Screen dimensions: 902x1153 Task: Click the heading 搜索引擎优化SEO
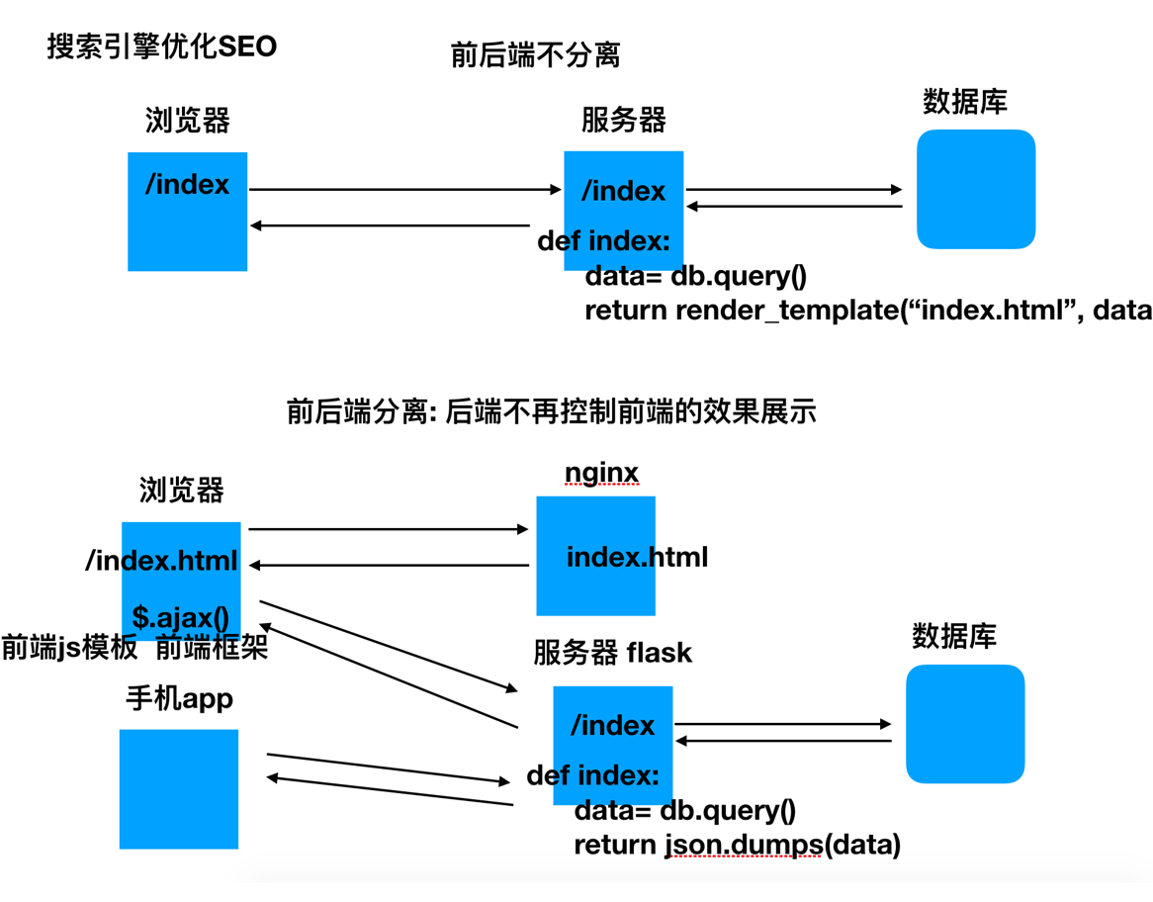click(162, 46)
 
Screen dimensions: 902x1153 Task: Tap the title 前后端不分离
click(535, 55)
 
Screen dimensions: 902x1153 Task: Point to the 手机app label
click(179, 698)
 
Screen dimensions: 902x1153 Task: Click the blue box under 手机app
click(179, 788)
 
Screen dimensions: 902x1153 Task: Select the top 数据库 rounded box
click(975, 189)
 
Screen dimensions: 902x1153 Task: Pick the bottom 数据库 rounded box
click(964, 724)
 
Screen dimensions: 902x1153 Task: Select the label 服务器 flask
click(612, 653)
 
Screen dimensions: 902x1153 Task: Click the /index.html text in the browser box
click(161, 561)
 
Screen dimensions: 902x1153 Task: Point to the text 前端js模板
click(69, 647)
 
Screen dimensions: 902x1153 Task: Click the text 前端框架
click(212, 647)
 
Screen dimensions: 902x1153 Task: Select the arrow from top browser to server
click(405, 189)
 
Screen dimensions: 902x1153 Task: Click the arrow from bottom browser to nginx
click(389, 529)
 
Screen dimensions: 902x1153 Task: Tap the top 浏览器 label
click(187, 121)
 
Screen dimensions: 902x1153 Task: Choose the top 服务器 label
click(623, 120)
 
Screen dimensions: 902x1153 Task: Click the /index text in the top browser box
click(187, 185)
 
